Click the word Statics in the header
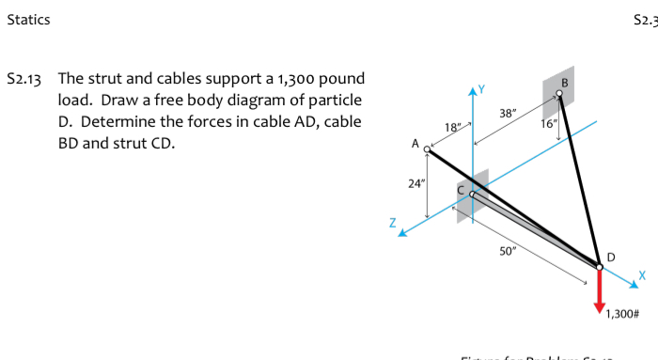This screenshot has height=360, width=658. [x=28, y=19]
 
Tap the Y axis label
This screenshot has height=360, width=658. [x=486, y=89]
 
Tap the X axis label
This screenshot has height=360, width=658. [x=643, y=274]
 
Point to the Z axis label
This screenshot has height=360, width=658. [x=393, y=224]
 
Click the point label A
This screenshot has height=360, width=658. [x=415, y=145]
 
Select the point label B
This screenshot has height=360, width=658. [x=564, y=82]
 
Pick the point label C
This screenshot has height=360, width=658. [x=462, y=188]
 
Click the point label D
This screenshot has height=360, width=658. [x=612, y=257]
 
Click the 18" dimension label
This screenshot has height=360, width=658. [x=451, y=126]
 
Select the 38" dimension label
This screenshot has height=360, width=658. [x=507, y=113]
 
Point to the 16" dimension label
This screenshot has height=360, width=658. [x=549, y=123]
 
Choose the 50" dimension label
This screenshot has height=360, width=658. [x=509, y=251]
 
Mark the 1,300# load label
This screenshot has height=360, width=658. [x=620, y=313]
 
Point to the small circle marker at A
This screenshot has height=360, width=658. [x=429, y=149]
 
